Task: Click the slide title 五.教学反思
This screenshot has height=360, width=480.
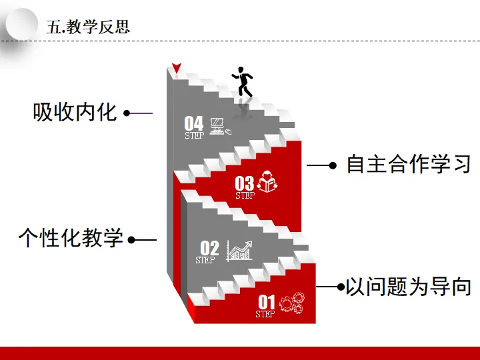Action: click(x=88, y=27)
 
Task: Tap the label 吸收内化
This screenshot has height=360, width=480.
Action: click(x=75, y=111)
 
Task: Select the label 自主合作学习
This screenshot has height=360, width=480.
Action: click(x=408, y=164)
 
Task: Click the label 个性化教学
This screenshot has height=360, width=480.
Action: click(x=71, y=237)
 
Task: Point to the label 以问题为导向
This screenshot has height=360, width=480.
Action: click(x=408, y=287)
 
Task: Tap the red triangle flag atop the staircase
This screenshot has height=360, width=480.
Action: click(x=176, y=68)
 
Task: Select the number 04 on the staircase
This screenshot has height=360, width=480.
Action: click(x=194, y=123)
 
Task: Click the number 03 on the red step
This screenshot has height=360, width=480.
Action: click(x=245, y=183)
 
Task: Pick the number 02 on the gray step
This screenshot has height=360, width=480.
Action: click(x=209, y=247)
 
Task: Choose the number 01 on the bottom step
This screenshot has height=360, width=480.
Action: click(x=267, y=303)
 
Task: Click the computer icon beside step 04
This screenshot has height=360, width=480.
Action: click(x=219, y=126)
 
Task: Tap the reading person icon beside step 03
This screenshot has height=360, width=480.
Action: click(x=267, y=181)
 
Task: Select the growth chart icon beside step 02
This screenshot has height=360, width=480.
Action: click(x=240, y=251)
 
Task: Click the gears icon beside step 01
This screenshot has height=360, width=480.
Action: click(x=291, y=304)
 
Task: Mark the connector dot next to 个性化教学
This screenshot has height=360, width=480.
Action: click(x=131, y=239)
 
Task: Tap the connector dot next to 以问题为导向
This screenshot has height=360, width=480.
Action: click(x=341, y=287)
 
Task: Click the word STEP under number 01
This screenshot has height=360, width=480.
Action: click(x=265, y=314)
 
